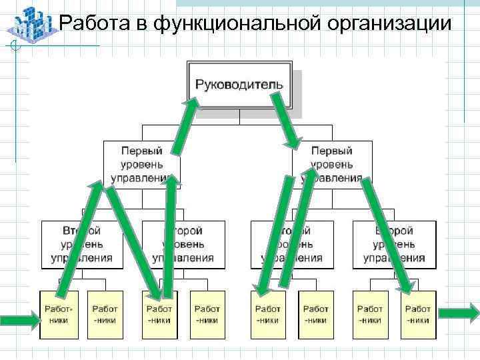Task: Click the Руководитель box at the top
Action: pos(239,85)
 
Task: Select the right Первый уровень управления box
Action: pos(331,164)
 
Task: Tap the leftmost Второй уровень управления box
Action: pos(82,244)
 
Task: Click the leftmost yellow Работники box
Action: pos(59,314)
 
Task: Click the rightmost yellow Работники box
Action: pos(418,314)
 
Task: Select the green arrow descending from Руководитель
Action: pos(286,121)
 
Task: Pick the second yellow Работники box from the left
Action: pos(105,314)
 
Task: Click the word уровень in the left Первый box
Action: pos(141,164)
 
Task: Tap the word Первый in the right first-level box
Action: pos(331,151)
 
